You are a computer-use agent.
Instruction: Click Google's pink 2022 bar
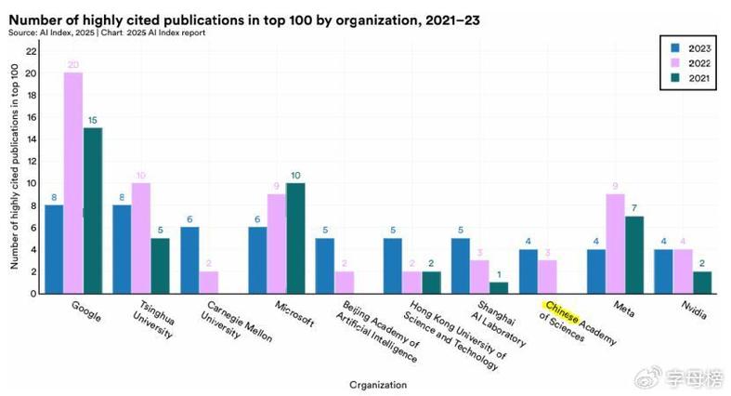[73, 183]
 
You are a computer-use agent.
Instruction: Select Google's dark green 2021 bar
[92, 211]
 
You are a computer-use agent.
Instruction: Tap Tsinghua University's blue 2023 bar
[122, 249]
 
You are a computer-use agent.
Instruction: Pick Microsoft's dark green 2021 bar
[295, 238]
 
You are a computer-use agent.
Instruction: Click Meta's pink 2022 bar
[616, 244]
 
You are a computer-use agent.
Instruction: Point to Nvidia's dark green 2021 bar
[702, 283]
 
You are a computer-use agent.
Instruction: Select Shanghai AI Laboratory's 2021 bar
[499, 288]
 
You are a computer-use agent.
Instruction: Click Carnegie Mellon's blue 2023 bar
[189, 260]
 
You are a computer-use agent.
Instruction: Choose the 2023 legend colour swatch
[675, 48]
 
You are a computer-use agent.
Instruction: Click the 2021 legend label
[699, 78]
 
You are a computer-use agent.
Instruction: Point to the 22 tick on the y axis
[31, 51]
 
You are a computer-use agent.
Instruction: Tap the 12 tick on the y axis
[31, 162]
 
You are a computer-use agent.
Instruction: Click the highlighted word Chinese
[561, 312]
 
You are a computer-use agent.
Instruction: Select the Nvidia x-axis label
[694, 310]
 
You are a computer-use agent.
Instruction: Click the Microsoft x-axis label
[294, 313]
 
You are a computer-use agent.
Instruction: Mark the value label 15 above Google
[92, 120]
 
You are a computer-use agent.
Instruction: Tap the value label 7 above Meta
[634, 208]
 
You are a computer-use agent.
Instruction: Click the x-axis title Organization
[378, 385]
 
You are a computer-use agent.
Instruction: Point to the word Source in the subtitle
[22, 33]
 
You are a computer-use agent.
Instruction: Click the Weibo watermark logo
[649, 376]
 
